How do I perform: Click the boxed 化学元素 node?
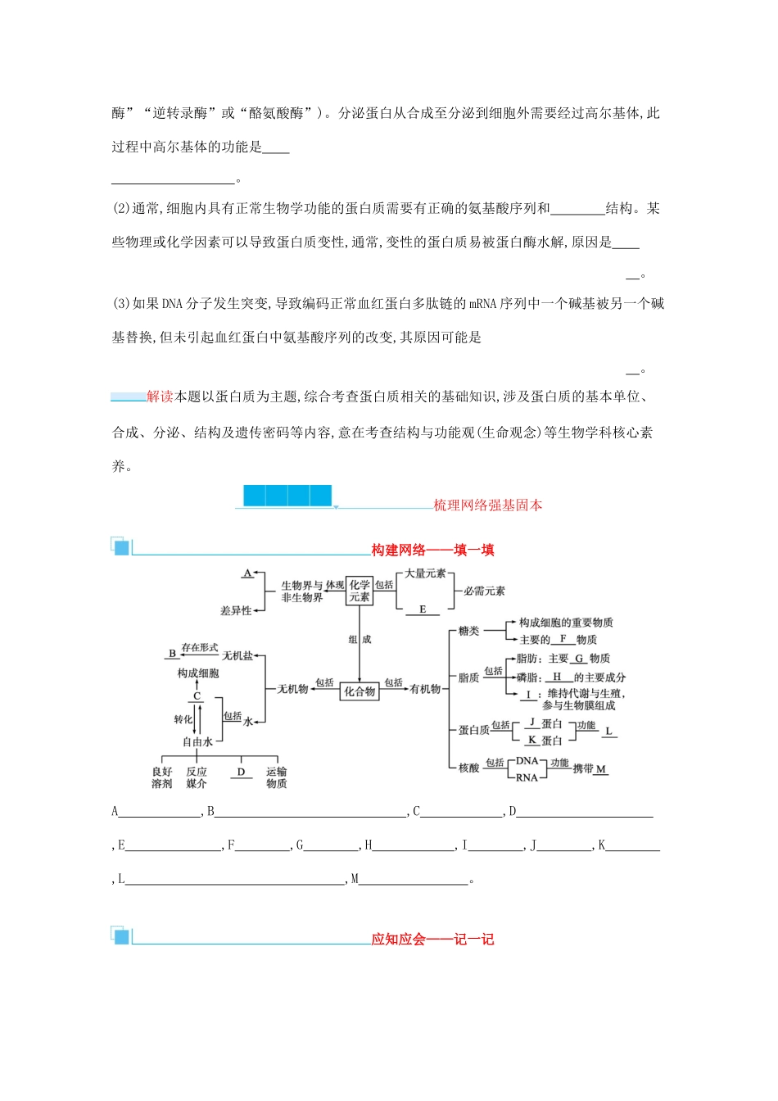[360, 591]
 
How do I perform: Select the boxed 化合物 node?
[360, 691]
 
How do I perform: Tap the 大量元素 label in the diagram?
[425, 573]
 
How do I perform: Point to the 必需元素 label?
[484, 591]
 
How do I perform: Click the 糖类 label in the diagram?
[469, 631]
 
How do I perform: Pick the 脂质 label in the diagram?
[469, 677]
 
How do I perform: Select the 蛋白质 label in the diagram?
[474, 729]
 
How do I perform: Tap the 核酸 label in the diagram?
[469, 768]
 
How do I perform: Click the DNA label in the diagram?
[527, 761]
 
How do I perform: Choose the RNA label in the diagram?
[527, 777]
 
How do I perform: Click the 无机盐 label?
[237, 656]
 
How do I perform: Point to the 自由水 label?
[197, 741]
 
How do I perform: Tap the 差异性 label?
[236, 610]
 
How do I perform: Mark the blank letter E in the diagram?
[423, 609]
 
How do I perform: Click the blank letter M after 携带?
[601, 769]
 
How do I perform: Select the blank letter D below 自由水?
[241, 772]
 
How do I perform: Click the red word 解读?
[160, 396]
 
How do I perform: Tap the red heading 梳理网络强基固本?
[488, 505]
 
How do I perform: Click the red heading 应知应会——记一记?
[432, 939]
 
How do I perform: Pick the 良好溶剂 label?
[162, 777]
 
